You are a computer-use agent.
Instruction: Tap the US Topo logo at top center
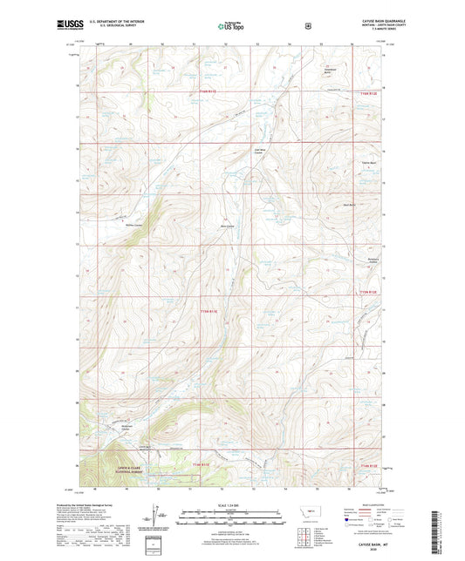[x=231, y=27]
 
